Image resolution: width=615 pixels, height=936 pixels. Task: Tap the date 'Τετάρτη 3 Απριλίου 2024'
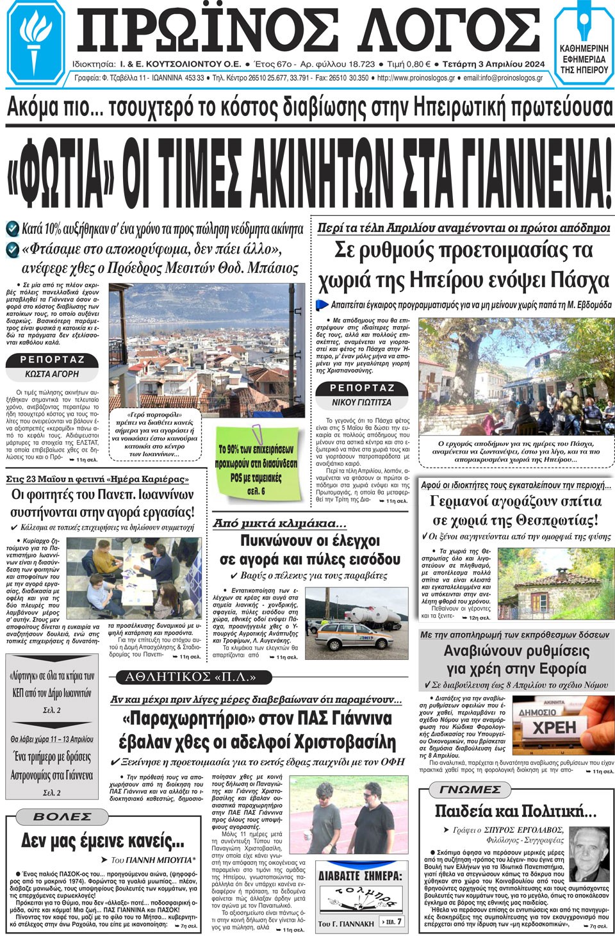(493, 64)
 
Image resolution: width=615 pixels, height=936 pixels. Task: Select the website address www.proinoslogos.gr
(416, 78)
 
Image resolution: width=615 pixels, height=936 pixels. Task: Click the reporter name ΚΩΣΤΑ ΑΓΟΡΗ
(52, 374)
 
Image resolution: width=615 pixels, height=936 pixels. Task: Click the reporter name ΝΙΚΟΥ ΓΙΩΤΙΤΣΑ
(361, 402)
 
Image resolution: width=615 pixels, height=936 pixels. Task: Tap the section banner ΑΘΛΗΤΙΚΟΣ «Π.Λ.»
(190, 677)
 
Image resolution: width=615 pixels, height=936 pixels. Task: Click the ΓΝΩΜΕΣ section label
(470, 790)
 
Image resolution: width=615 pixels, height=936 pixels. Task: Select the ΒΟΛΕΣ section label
(62, 817)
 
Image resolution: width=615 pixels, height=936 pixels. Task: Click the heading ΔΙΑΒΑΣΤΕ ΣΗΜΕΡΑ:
(360, 875)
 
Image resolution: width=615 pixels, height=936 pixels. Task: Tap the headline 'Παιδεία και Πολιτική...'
(515, 811)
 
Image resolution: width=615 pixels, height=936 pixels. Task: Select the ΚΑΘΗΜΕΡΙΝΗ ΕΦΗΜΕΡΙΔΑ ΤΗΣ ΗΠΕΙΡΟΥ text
(584, 59)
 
